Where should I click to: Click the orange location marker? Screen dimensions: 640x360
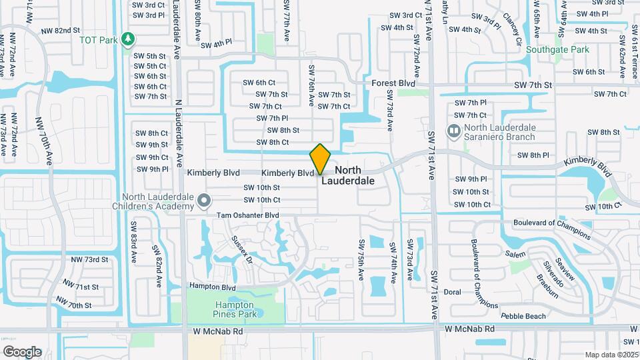tap(321, 159)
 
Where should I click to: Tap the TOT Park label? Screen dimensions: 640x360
tap(98, 40)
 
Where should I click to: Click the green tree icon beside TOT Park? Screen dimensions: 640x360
tap(129, 40)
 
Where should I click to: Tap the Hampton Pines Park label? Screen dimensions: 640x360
tap(232, 308)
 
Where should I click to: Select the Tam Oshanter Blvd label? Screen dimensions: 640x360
tap(247, 215)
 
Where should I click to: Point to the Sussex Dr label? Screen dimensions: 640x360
tap(241, 248)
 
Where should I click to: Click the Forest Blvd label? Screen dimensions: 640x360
tap(393, 84)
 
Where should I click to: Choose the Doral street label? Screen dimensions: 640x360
tap(453, 292)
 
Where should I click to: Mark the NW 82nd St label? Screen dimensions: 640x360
tap(61, 31)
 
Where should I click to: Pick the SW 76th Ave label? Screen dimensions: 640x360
tap(311, 85)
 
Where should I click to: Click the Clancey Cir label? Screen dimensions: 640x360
tap(512, 25)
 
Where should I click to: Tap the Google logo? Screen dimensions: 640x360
tap(22, 352)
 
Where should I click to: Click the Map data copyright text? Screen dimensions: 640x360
tap(612, 355)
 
